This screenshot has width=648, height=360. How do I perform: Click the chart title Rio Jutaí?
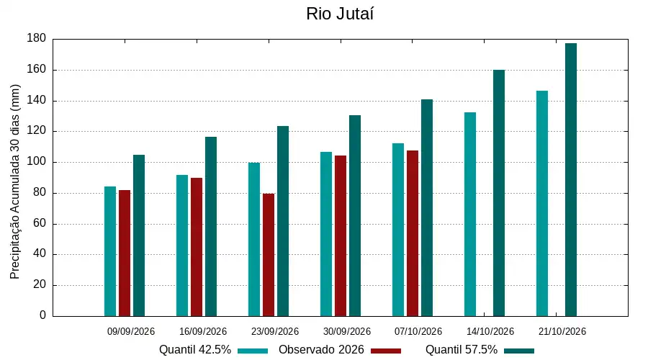pyautogui.click(x=340, y=14)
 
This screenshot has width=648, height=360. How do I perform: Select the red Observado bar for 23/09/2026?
pyautogui.click(x=269, y=255)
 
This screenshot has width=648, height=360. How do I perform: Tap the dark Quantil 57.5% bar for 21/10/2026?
pyautogui.click(x=571, y=180)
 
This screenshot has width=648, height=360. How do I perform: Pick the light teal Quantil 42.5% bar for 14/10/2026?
pyautogui.click(x=470, y=215)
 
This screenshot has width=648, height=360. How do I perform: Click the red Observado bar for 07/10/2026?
pyautogui.click(x=413, y=233)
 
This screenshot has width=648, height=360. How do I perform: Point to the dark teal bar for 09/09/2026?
pyautogui.click(x=139, y=235)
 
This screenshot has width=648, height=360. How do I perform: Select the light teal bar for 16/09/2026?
pyautogui.click(x=182, y=246)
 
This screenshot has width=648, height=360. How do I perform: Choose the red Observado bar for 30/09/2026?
pyautogui.click(x=341, y=236)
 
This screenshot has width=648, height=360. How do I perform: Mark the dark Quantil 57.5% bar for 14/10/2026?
pyautogui.click(x=499, y=193)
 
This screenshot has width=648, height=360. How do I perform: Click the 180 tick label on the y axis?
pyautogui.click(x=37, y=38)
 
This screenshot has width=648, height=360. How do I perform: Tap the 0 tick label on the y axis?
pyautogui.click(x=43, y=315)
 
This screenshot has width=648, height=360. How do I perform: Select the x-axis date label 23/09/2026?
pyautogui.click(x=275, y=331)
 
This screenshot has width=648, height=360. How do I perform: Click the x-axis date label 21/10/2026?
pyautogui.click(x=562, y=331)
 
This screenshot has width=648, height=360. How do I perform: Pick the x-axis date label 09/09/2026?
pyautogui.click(x=131, y=331)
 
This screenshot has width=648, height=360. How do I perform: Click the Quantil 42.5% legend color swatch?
pyautogui.click(x=253, y=351)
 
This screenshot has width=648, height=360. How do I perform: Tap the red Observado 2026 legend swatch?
pyautogui.click(x=386, y=351)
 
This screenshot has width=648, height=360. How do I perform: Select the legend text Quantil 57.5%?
pyautogui.click(x=462, y=350)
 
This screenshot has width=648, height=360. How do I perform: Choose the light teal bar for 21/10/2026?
pyautogui.click(x=542, y=204)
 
